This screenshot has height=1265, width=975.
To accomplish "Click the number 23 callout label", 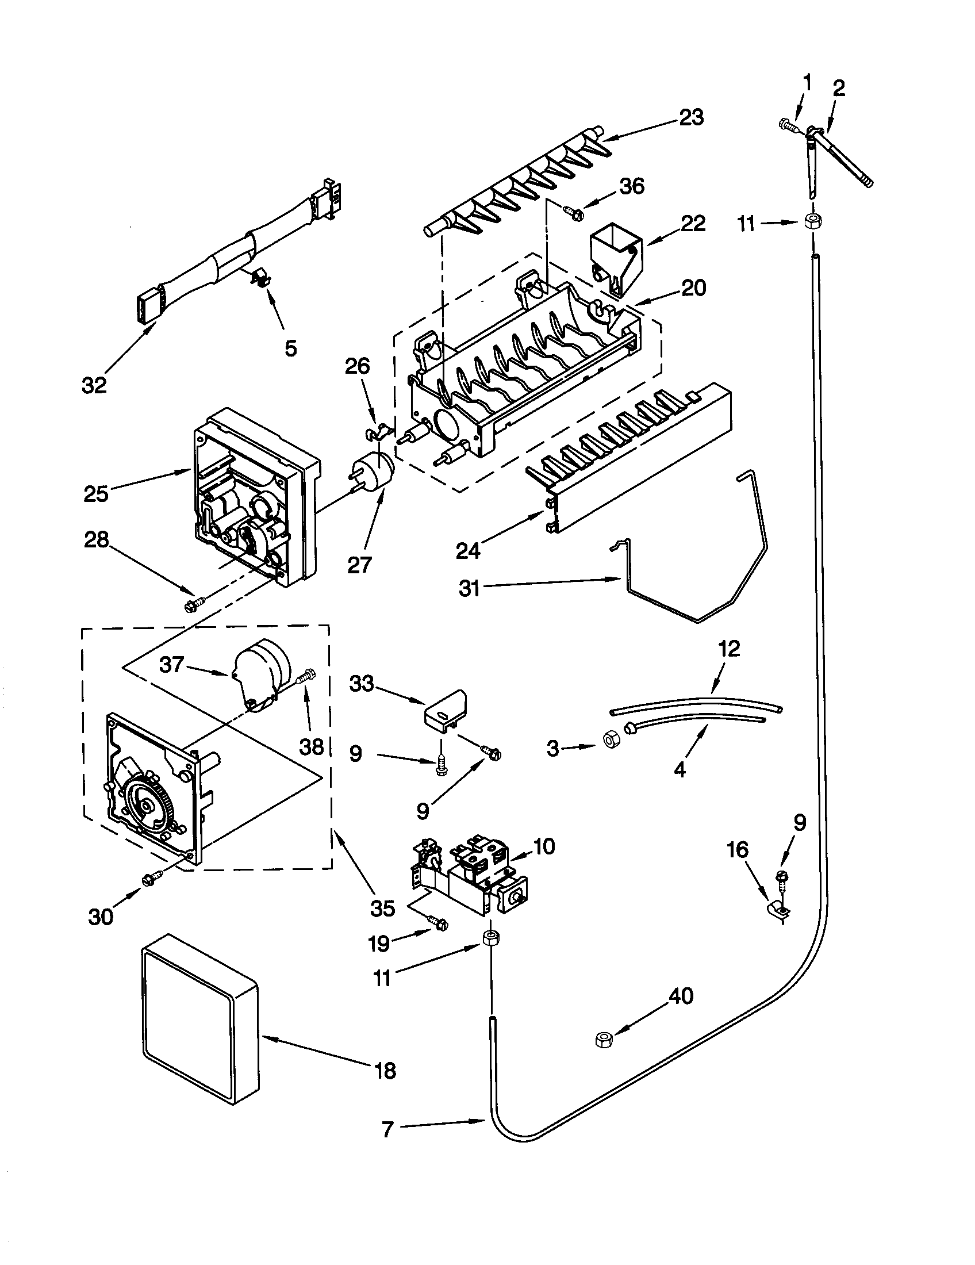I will [692, 117].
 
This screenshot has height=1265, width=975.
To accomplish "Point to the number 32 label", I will [94, 385].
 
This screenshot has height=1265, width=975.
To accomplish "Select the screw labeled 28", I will [191, 606].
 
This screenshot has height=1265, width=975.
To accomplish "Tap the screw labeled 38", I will [307, 676].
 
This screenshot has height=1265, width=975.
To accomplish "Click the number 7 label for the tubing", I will [387, 1129].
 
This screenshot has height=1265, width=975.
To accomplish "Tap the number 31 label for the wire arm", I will [469, 589].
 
